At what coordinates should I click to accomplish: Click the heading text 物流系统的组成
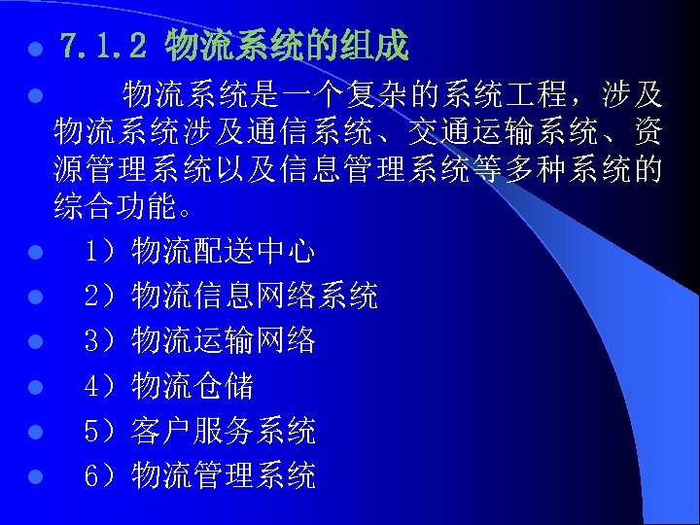(x=287, y=45)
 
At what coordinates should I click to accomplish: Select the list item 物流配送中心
(x=223, y=252)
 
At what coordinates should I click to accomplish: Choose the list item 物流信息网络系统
(x=255, y=297)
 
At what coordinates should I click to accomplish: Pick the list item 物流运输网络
(x=223, y=341)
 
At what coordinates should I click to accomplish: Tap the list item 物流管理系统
(x=223, y=475)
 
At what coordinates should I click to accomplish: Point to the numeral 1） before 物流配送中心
(x=100, y=252)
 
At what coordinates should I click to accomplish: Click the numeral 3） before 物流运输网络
(x=100, y=341)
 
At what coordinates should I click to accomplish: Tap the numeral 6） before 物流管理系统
(x=100, y=475)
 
